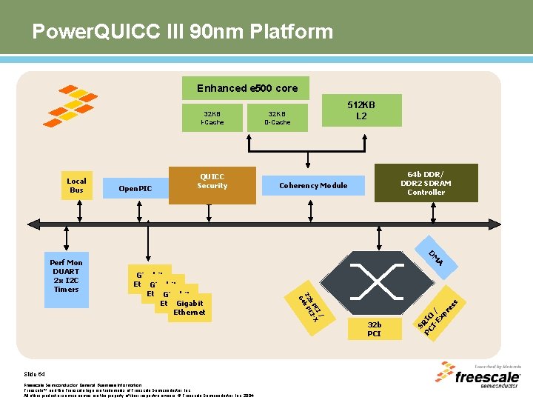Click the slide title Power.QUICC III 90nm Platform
[x=182, y=32]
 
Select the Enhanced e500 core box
[x=247, y=88]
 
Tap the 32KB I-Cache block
[x=212, y=117]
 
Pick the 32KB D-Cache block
[x=278, y=117]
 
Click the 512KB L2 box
[x=361, y=110]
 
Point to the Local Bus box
[x=76, y=185]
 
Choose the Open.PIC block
[x=135, y=189]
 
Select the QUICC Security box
[x=212, y=181]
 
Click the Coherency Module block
[x=313, y=185]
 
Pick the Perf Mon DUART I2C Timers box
[x=66, y=276]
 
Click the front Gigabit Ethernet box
[x=190, y=307]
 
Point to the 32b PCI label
[x=375, y=329]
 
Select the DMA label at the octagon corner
[x=436, y=256]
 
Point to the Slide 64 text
[x=36, y=375]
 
